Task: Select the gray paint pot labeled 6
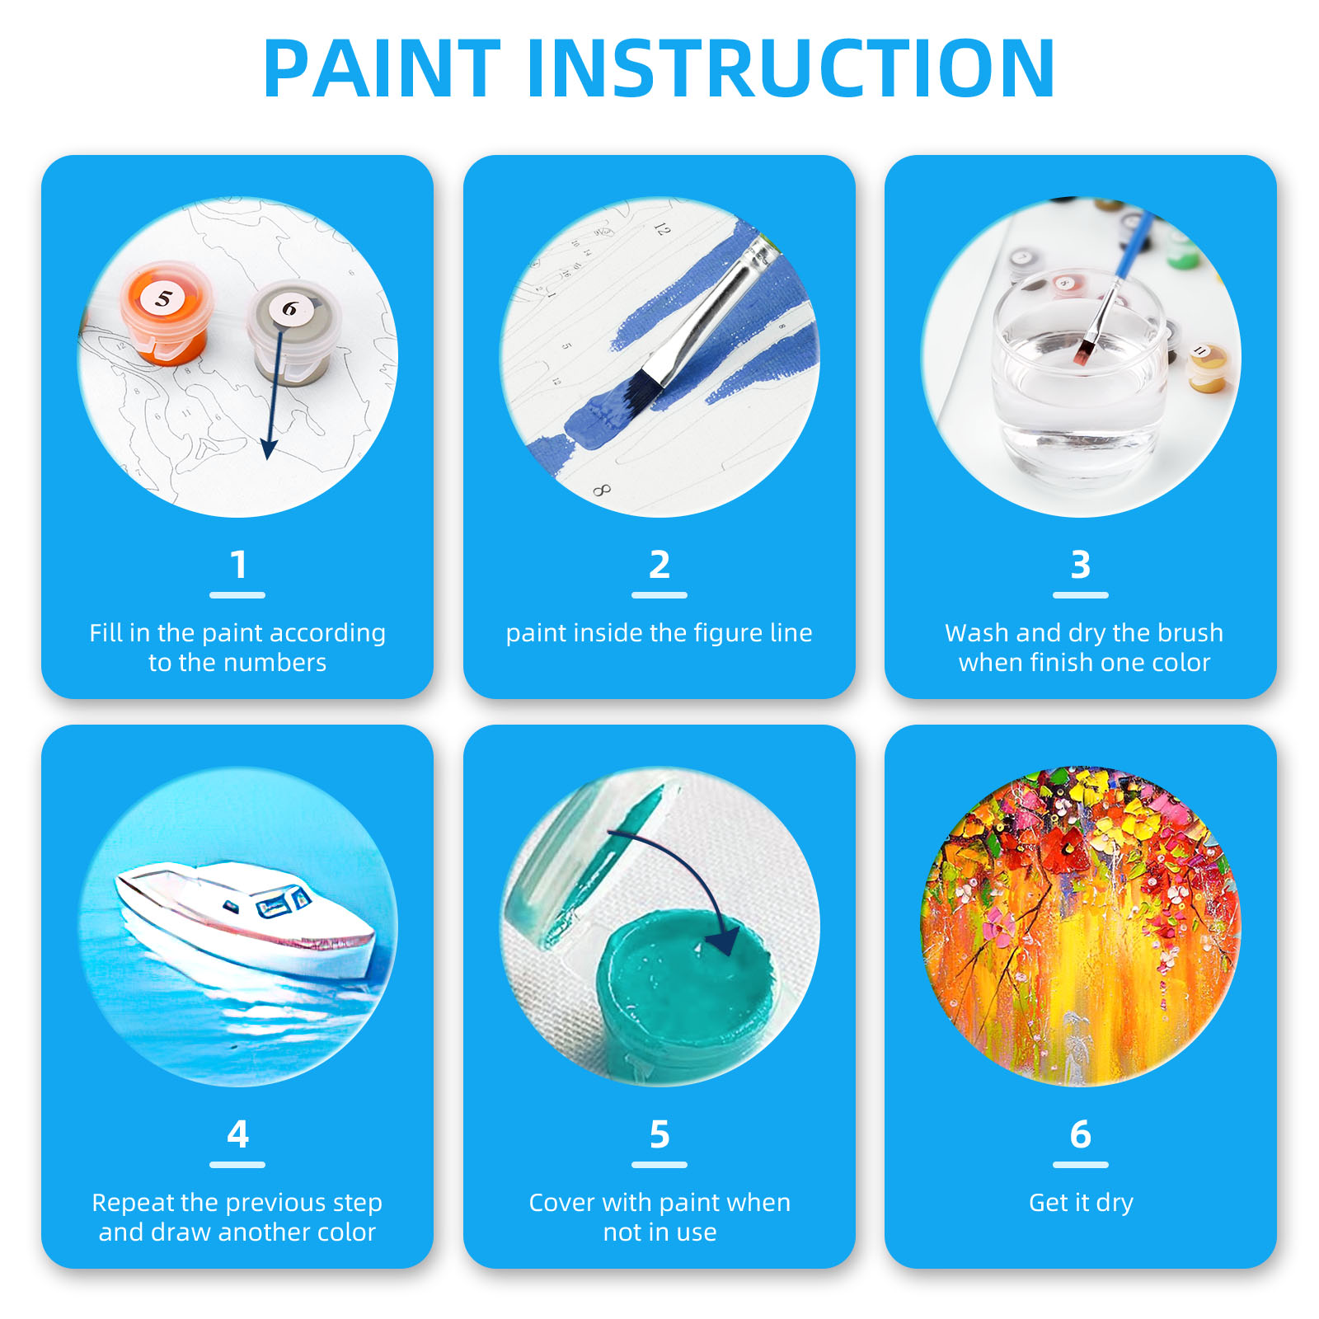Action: coord(293,330)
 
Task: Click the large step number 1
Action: coord(238,566)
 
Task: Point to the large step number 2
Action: coord(659,566)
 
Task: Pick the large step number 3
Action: coord(1080,566)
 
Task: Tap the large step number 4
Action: coord(238,1134)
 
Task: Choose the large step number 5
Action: coord(659,1134)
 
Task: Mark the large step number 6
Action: coord(1080,1134)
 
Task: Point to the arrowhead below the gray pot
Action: coord(268,448)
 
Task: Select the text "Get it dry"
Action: coord(1080,1203)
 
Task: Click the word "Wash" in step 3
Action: coord(977,633)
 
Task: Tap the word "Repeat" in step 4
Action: coord(121,1203)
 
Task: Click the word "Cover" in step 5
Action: coord(561,1203)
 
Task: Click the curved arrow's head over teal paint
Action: coord(726,940)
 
